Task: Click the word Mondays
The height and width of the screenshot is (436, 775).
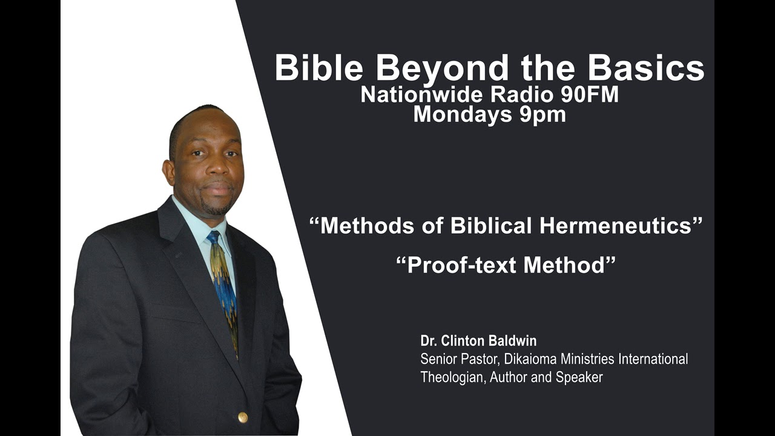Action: click(x=462, y=114)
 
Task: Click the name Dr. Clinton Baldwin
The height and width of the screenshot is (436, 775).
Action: click(x=478, y=341)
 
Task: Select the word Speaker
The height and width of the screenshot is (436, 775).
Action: click(x=579, y=378)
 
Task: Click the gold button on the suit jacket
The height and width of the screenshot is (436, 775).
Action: click(x=243, y=417)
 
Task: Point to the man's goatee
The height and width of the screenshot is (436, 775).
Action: click(x=216, y=207)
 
